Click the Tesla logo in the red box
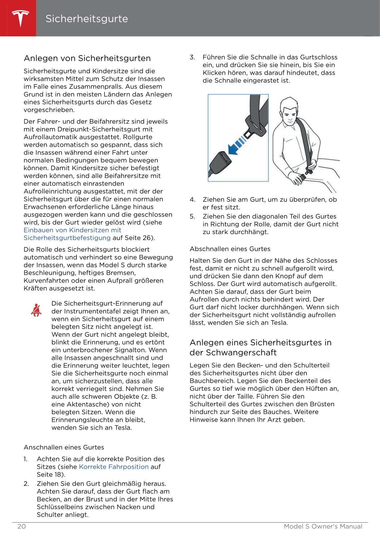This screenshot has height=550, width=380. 20,18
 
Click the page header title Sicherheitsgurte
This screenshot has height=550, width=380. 87,19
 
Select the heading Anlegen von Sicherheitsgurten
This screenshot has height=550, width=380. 87,58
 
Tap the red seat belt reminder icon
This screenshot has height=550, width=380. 36,310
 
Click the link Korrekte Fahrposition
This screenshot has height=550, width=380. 113,467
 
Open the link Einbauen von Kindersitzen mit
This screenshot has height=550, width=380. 72,230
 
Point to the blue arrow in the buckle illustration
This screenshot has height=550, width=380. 237,145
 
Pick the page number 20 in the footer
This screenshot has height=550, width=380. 21,526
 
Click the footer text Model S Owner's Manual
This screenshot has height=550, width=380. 323,526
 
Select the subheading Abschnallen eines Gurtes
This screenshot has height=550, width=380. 230,249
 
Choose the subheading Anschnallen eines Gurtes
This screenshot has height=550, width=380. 64,447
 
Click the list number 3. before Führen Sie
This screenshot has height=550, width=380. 192,57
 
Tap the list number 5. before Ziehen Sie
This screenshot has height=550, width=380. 192,216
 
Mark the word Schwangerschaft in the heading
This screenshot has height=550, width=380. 233,352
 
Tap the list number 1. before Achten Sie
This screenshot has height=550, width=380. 26,459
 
